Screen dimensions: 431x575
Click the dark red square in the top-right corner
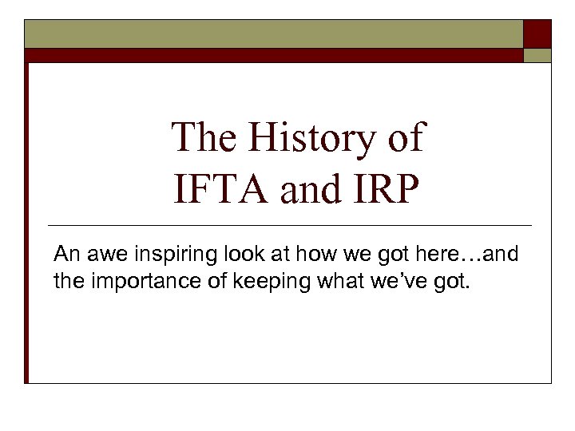[537, 34]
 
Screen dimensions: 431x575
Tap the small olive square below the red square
[537, 55]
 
